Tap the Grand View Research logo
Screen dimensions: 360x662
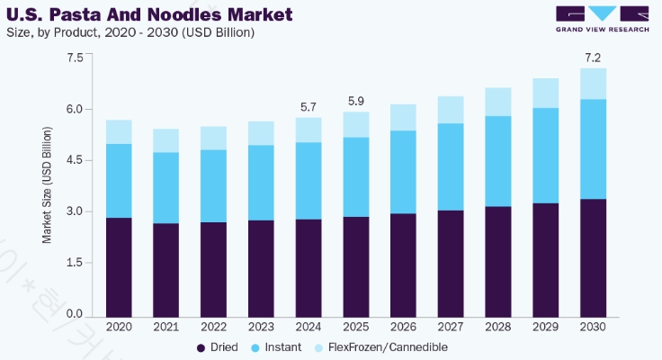tap(602, 20)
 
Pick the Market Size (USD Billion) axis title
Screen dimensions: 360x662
tap(47, 185)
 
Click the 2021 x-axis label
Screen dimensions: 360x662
tap(165, 325)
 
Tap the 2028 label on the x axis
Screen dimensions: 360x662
tap(497, 325)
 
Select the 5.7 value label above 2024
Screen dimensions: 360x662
tap(309, 108)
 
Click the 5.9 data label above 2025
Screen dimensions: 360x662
tap(355, 102)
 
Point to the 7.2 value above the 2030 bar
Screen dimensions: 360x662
tap(593, 58)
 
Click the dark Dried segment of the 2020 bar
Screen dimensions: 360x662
tap(119, 265)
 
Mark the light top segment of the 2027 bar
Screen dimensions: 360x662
tap(451, 109)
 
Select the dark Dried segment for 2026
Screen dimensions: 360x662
tap(403, 264)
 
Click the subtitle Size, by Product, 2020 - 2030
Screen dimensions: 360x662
tap(130, 33)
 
